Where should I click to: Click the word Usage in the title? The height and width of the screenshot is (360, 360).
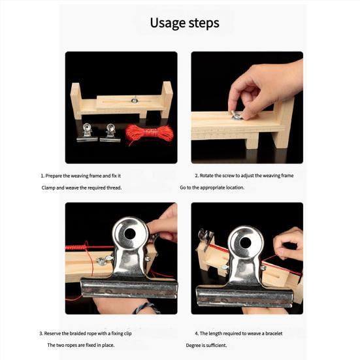click(x=168, y=23)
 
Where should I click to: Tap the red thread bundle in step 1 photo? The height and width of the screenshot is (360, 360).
click(x=149, y=133)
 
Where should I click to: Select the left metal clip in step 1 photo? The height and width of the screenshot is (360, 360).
click(x=87, y=133)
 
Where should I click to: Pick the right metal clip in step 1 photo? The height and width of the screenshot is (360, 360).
click(x=110, y=133)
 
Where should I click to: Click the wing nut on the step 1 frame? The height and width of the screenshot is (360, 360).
click(x=135, y=100)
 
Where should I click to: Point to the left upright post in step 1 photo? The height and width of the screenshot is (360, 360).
click(x=76, y=101)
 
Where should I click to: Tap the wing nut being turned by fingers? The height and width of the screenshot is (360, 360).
click(x=236, y=115)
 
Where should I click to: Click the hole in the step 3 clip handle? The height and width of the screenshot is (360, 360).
click(x=130, y=234)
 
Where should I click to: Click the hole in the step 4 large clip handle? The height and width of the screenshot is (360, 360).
click(x=246, y=242)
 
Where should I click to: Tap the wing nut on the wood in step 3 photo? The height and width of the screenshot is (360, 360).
click(x=102, y=261)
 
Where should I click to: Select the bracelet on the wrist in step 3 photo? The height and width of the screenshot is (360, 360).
click(x=145, y=308)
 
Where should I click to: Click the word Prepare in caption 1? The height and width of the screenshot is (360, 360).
click(x=54, y=176)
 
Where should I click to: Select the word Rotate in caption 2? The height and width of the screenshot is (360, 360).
click(x=206, y=176)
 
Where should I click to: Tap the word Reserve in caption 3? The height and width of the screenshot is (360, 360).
click(x=52, y=333)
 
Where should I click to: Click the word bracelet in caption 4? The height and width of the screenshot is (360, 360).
click(x=274, y=333)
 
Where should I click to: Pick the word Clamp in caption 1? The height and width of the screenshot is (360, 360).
click(x=48, y=188)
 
